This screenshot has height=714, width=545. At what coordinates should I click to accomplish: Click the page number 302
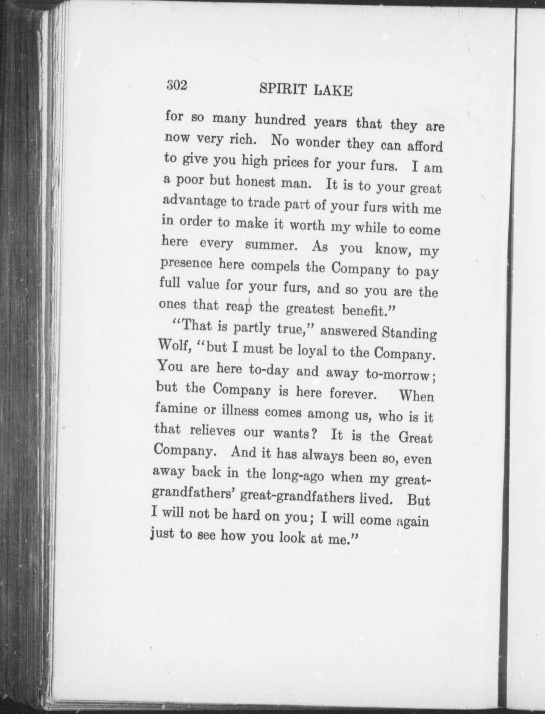(x=177, y=85)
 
